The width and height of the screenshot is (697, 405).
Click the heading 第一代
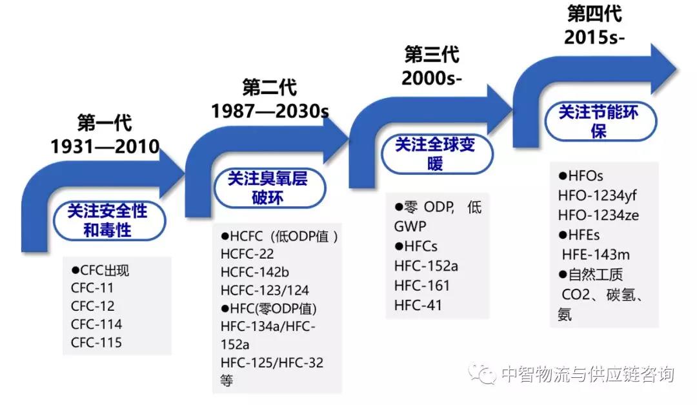click(105, 123)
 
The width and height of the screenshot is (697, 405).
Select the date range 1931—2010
click(105, 146)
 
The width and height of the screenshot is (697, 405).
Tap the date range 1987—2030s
click(270, 110)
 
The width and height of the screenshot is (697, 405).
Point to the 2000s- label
click(432, 78)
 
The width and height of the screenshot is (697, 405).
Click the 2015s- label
click(594, 37)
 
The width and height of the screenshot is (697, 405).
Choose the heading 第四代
click(594, 14)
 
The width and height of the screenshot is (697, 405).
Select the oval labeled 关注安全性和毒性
click(109, 221)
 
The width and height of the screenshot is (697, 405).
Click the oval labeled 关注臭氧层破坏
click(269, 188)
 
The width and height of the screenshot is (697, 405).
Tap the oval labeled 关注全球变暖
click(437, 154)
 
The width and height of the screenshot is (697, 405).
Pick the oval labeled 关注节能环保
click(601, 121)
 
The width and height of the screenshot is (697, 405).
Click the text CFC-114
click(96, 324)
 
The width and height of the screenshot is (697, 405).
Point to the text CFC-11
click(92, 288)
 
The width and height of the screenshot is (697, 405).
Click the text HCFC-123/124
click(265, 290)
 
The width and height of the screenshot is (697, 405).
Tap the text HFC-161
click(422, 285)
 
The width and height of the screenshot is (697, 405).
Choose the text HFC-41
click(418, 305)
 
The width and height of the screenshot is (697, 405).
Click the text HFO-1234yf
click(597, 195)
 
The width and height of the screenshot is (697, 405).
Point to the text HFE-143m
click(596, 255)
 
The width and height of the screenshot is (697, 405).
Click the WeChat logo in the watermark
click(482, 373)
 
